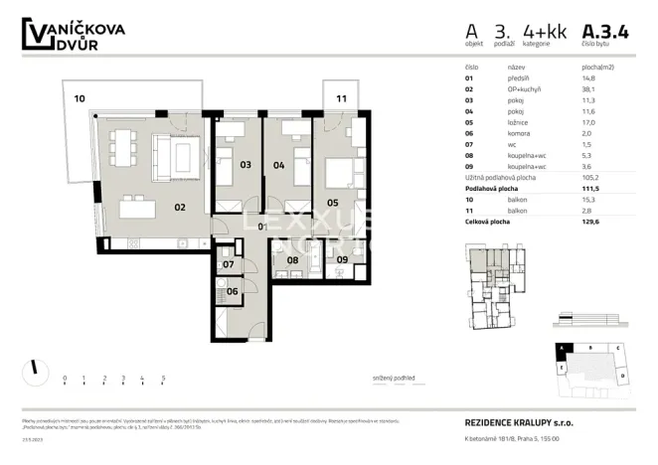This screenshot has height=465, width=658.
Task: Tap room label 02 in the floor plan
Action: [x=181, y=207]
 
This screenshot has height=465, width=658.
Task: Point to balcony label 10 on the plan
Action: [x=80, y=98]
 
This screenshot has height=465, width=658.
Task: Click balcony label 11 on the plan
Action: [x=341, y=98]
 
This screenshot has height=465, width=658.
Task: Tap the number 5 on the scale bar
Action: [x=163, y=378]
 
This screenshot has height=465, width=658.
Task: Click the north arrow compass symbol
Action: [x=34, y=367]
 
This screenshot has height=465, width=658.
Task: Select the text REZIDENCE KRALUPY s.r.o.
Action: [x=518, y=421]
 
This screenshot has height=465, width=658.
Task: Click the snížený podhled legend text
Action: [x=387, y=379]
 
